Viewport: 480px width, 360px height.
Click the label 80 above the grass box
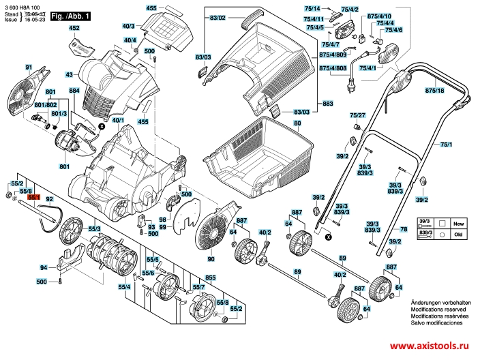point(297,123)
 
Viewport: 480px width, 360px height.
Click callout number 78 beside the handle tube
point(404,230)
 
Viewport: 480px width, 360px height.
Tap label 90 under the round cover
point(211,260)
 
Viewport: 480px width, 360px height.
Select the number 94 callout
point(43,267)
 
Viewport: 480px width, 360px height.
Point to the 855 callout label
point(211,278)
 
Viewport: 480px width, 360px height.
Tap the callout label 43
point(70,74)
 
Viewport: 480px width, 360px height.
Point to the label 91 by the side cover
point(29,67)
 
